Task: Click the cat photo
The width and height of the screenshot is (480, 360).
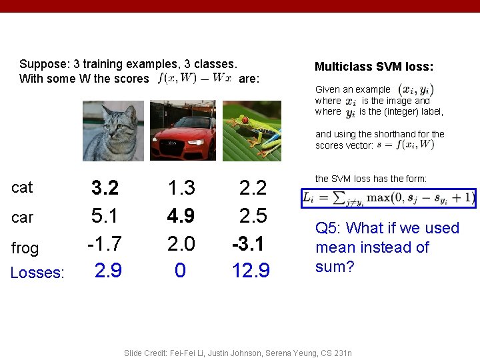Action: pos(113,131)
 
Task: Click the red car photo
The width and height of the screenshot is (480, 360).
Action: pos(183,131)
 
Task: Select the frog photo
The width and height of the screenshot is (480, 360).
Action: pos(252,131)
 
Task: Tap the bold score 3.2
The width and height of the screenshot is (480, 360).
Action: pos(105,188)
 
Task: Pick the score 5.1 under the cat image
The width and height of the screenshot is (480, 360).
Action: pos(105,216)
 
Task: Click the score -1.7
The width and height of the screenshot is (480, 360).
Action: pos(103,243)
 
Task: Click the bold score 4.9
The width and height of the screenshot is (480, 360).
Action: pos(181,216)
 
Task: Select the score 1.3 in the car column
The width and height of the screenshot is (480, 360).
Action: pos(181,188)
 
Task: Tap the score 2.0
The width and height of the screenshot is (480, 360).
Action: pos(181,243)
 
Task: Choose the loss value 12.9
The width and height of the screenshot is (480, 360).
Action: pos(251,271)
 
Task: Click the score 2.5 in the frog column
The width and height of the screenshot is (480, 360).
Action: pos(253,216)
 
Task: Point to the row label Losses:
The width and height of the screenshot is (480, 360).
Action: pos(37,273)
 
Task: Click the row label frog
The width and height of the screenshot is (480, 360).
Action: pos(25,248)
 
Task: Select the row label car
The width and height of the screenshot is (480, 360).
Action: pos(22,217)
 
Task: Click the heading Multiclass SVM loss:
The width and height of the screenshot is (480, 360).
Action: pos(374,67)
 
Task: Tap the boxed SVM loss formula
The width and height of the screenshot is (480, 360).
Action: pos(389,198)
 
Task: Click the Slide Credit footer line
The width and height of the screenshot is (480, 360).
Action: pos(238,353)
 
